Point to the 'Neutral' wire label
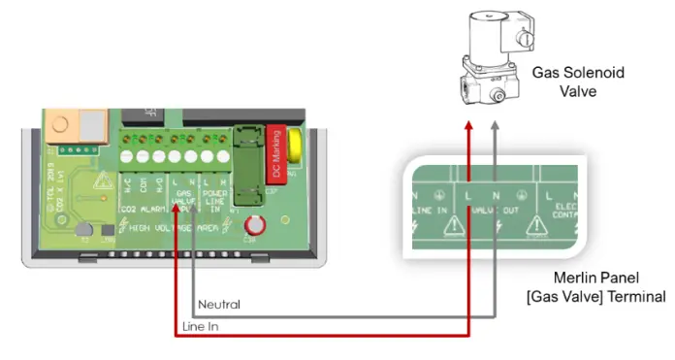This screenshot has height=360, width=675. click(219, 305)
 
